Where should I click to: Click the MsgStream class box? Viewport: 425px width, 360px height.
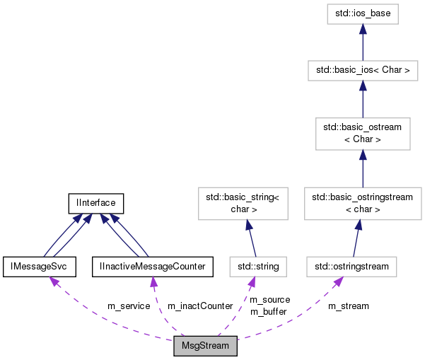click(x=205, y=347)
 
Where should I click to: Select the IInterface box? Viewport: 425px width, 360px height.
click(x=96, y=204)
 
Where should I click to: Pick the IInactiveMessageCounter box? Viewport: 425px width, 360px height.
click(x=153, y=267)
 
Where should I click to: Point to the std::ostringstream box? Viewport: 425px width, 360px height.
click(x=352, y=267)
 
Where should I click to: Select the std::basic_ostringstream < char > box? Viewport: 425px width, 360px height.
click(x=363, y=204)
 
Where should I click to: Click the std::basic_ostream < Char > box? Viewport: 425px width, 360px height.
click(x=363, y=134)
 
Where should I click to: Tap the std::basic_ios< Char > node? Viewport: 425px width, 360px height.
click(x=363, y=71)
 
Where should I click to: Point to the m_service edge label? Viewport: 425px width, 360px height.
click(x=128, y=306)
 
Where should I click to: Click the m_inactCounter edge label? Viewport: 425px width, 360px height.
click(x=200, y=306)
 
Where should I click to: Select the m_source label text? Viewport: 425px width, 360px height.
click(x=269, y=300)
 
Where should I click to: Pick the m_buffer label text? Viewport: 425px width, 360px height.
click(x=269, y=311)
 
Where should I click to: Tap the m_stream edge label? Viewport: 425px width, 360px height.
click(x=348, y=306)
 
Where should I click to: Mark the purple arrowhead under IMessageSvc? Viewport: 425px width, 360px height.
click(x=52, y=281)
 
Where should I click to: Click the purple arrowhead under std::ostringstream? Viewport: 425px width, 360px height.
click(x=339, y=281)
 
